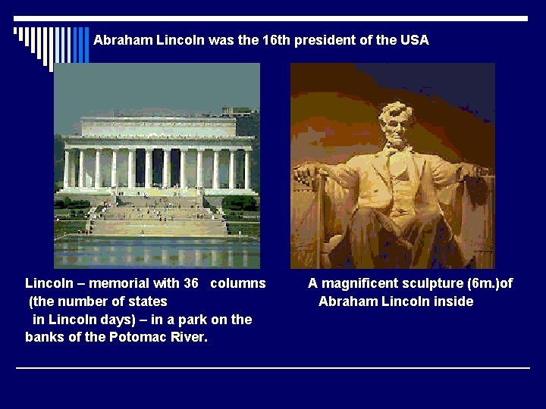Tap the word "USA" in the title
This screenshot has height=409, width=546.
click(415, 40)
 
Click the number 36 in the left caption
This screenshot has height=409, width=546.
click(190, 283)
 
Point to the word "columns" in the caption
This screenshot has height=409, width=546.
click(238, 283)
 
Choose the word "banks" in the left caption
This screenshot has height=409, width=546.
click(44, 337)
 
